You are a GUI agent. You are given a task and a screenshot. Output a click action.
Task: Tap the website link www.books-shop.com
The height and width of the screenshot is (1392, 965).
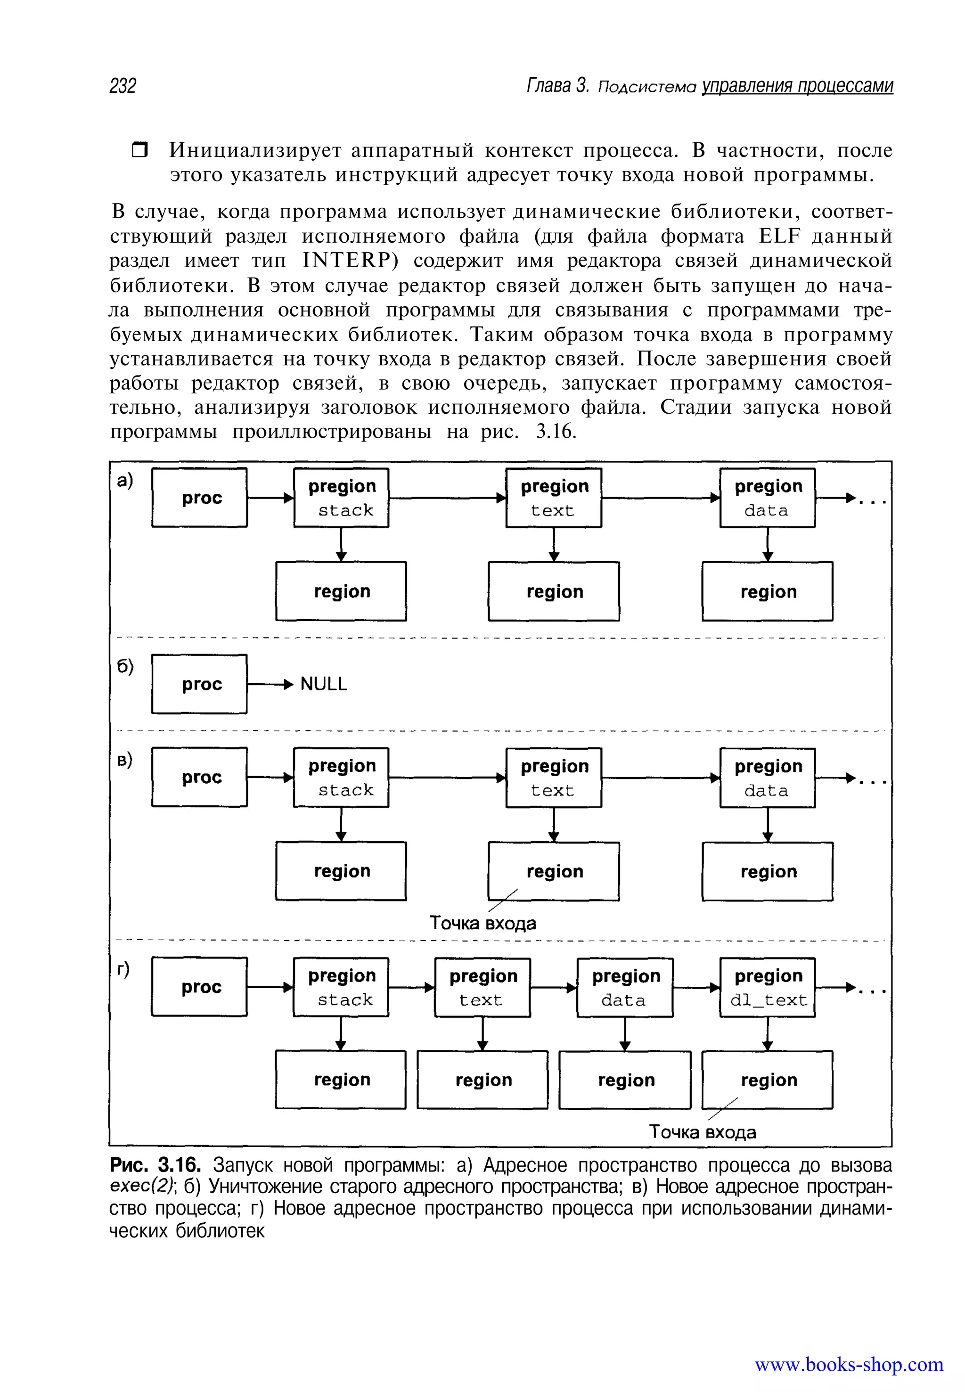(x=848, y=1364)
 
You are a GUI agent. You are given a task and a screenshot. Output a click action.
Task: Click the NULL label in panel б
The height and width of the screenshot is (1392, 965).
(x=324, y=684)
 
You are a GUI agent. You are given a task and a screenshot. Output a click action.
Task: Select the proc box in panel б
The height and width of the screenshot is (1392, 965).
(x=199, y=684)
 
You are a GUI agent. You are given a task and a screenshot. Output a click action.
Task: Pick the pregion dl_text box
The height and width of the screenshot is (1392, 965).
(x=767, y=988)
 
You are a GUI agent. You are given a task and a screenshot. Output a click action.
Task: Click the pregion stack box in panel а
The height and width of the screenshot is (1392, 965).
(x=341, y=498)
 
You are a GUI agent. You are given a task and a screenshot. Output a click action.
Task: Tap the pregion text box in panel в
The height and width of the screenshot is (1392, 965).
(x=553, y=778)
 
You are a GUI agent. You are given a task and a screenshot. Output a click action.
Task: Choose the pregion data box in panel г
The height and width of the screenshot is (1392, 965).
(x=625, y=988)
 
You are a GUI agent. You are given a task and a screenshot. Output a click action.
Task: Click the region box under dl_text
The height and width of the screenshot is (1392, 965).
(x=767, y=1080)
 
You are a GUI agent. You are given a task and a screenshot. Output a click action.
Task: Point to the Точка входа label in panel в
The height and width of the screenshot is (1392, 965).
(x=482, y=923)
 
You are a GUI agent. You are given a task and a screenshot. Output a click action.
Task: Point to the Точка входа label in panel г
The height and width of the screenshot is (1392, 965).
(x=702, y=1132)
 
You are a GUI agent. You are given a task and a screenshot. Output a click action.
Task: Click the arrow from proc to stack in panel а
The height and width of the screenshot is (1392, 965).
(x=270, y=498)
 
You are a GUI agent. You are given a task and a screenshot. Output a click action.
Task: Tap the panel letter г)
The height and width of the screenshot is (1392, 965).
(x=123, y=969)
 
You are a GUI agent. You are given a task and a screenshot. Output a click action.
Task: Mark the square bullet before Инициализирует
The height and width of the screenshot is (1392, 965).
(x=139, y=150)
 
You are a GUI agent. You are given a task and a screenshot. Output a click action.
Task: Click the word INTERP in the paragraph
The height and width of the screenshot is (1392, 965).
(x=350, y=261)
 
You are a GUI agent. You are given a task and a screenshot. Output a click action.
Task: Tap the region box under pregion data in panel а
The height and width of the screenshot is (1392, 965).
(x=767, y=591)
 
